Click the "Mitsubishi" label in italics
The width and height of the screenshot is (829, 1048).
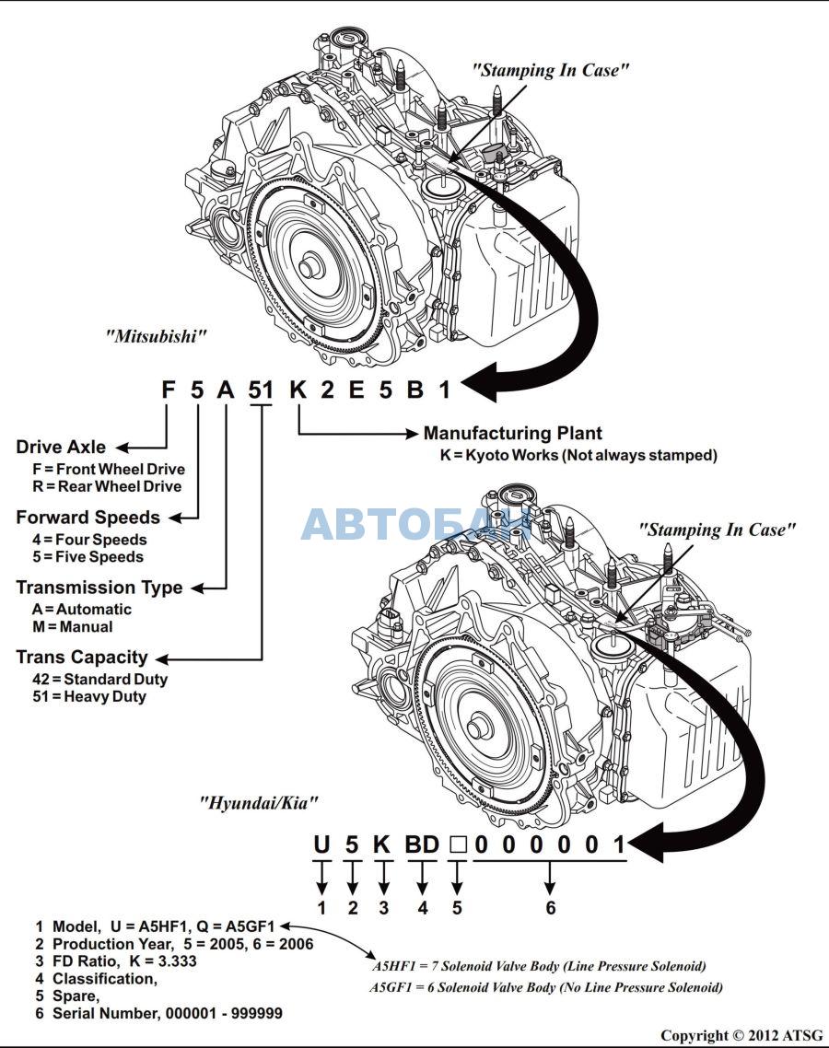156,336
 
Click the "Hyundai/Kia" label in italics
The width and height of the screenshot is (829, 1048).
259,802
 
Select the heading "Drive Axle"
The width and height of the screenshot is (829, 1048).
61,448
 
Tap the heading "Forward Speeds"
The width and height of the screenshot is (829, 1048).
88,518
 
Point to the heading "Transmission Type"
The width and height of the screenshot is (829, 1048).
99,588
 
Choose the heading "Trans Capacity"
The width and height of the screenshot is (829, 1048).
81,658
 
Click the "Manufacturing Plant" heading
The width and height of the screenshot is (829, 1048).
512,433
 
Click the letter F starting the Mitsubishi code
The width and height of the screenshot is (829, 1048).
168,390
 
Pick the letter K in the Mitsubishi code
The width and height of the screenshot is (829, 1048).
298,390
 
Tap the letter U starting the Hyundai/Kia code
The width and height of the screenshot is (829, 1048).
321,844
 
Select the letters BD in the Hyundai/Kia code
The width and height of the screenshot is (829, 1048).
423,844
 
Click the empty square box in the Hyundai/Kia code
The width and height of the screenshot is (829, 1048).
457,844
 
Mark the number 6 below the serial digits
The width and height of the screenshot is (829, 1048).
551,908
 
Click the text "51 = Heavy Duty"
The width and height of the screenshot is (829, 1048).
88,697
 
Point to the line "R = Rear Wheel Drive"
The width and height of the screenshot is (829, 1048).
106,486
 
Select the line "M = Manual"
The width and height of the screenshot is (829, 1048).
72,627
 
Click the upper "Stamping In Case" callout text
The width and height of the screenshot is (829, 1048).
551,70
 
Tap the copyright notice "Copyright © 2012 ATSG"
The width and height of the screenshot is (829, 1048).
741,1036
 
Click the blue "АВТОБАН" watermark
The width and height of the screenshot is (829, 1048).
416,524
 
